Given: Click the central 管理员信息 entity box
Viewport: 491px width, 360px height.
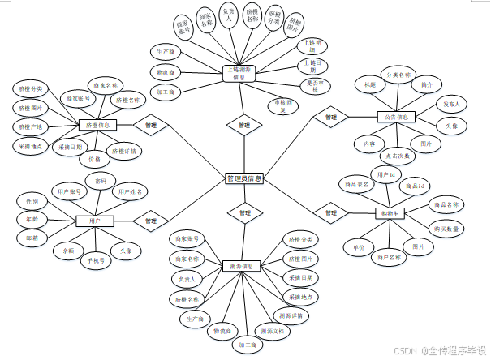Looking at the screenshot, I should tap(243, 178).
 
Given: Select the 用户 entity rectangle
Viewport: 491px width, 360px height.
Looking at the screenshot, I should tap(94, 220).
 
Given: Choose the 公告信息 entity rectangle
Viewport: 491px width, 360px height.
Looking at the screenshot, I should tap(397, 117).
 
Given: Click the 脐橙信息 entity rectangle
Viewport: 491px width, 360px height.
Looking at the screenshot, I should tap(98, 126).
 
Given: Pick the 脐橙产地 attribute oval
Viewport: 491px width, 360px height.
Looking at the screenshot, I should tap(29, 126).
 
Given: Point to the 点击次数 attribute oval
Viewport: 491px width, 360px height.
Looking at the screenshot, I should tap(397, 155).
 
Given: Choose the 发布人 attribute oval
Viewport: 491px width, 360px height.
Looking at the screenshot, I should tap(450, 105).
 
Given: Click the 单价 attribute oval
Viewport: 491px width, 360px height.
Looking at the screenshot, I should tap(359, 245).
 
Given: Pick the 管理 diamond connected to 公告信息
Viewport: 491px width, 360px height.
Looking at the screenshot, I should tap(330, 118).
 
